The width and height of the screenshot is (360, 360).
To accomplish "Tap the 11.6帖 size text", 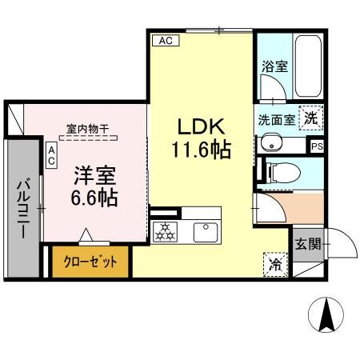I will point(201,149).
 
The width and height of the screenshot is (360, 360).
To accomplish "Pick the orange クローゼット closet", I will point(90,262).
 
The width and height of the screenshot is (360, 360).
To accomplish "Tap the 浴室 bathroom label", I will point(274,67).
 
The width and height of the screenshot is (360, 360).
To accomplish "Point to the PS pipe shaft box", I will point(318,146).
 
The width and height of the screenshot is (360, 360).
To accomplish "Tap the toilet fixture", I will point(281,170).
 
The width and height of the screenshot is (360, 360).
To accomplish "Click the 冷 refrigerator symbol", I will point(274,262).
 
